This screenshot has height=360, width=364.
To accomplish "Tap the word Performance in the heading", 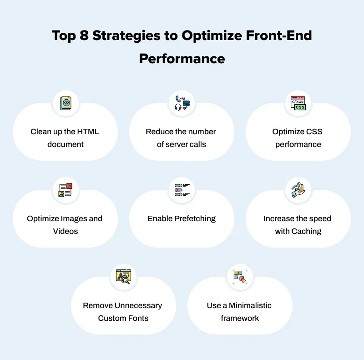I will (182, 59).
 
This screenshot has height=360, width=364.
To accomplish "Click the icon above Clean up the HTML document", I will (66, 103).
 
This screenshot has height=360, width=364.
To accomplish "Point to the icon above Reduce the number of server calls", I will (182, 103).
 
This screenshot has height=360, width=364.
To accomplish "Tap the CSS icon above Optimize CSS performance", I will (298, 103).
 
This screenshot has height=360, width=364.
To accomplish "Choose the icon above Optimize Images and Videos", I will (66, 189).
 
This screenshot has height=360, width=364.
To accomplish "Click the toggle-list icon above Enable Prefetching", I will (182, 189).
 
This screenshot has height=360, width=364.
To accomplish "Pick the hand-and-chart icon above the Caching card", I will (298, 189).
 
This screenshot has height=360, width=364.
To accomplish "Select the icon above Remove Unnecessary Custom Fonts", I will (123, 276).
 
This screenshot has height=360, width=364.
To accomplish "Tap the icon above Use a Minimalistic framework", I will (240, 276).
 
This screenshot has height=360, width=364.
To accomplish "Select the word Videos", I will (66, 231).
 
